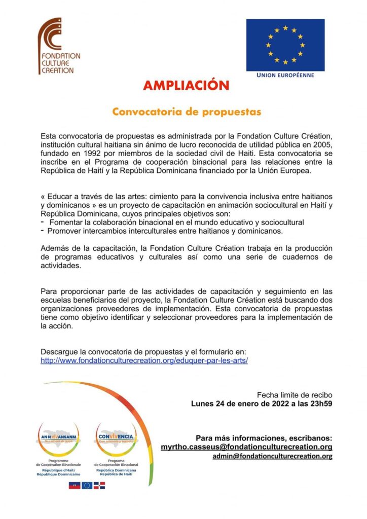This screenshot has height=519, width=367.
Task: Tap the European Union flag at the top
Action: coord(285,45)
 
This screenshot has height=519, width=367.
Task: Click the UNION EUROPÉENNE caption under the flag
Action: coord(285,76)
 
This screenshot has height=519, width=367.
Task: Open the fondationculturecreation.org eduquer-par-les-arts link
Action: coord(144,361)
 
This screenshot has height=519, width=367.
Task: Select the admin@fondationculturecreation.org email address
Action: coord(272,456)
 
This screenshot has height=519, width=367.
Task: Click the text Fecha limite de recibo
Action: coord(295,394)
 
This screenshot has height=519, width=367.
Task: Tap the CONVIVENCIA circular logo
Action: coord(116,436)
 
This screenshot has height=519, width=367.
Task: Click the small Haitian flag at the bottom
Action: coord(74,485)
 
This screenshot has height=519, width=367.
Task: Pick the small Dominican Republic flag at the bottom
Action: coord(99,485)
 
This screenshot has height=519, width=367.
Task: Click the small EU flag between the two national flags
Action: coord(87,485)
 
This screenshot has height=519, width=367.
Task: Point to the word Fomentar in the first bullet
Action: coord(64,223)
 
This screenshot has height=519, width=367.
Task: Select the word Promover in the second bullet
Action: coord(64,231)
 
